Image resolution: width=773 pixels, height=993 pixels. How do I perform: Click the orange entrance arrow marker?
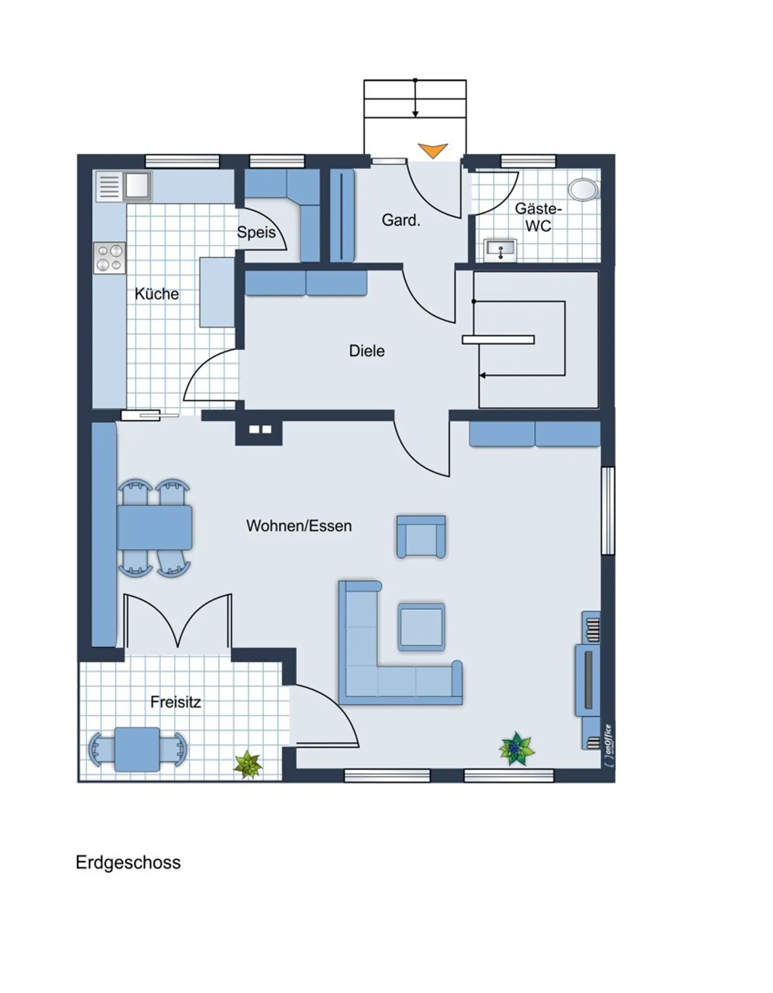coord(432,150)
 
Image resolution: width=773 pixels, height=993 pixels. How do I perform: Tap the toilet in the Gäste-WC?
coord(584,189)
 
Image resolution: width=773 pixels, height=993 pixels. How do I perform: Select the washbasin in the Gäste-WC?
coord(500,250)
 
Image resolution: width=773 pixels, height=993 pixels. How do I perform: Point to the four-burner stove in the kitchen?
coord(109,258)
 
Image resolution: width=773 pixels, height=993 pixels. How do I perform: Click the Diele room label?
coord(367,351)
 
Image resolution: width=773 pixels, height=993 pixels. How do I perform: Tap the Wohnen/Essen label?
coord(299,526)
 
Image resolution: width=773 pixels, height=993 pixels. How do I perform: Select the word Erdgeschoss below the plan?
coord(128,862)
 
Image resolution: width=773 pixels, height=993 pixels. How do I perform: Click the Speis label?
coord(256,232)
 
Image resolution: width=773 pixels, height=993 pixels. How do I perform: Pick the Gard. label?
coord(401,220)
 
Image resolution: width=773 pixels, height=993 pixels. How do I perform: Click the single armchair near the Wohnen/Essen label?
coord(421,537)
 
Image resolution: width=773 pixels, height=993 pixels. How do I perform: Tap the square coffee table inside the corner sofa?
coord(421,627)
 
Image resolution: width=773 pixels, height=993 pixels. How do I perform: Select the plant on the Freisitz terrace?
coord(248,765)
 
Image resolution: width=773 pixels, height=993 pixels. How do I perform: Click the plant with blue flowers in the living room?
coord(516,749)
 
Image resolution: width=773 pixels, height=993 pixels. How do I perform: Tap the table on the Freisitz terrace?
coord(137,749)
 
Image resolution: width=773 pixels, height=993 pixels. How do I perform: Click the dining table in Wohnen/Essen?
coord(155,527)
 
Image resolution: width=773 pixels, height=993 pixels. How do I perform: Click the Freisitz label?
coord(176,702)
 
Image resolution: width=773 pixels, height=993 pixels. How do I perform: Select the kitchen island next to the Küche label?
coord(217,292)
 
